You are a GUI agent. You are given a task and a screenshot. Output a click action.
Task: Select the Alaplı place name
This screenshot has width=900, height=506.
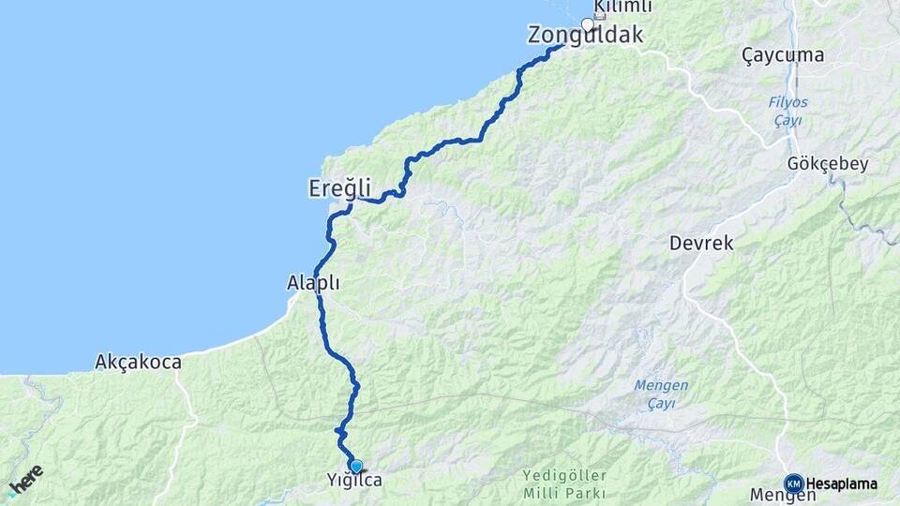point(313,282)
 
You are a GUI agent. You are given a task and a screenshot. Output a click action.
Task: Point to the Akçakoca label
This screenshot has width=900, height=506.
point(139,362)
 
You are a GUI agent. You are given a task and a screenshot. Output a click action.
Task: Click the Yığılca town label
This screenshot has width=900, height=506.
point(354,481)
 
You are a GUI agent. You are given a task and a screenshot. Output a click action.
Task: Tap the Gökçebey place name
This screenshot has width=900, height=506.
point(828,164)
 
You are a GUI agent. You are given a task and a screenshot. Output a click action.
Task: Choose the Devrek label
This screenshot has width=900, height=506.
point(701,243)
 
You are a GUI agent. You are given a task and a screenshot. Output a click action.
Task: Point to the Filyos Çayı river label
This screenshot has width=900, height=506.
point(789,112)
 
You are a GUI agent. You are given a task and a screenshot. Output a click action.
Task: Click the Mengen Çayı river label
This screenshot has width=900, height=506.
point(662,394)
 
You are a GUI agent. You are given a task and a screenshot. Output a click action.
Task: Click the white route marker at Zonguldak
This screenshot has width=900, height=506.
point(588,24)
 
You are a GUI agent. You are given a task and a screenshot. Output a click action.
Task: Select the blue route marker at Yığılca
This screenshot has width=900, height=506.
point(355,466)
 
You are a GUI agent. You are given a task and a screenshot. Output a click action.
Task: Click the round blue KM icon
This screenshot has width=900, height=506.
point(793,484)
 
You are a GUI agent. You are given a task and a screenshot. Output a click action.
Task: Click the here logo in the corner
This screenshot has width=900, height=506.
point(24,480)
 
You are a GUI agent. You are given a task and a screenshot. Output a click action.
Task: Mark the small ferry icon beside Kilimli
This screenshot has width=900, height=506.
point(600,16)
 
